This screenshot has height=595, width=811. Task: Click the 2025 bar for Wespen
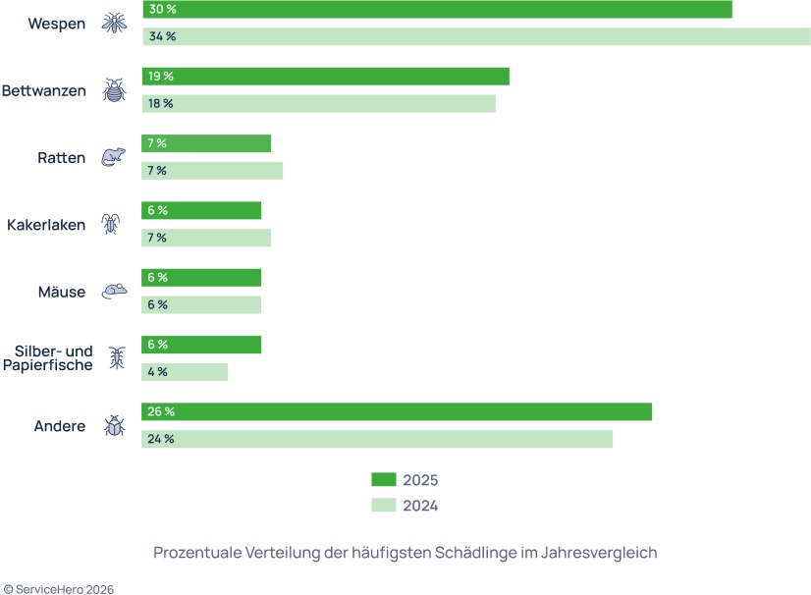coord(437,9)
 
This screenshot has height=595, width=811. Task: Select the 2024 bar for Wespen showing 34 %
coord(476,36)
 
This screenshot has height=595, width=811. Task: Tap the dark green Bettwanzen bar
coord(325,77)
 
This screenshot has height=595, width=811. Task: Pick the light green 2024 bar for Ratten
coord(212,171)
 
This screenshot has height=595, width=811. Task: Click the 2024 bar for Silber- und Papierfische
coord(185,372)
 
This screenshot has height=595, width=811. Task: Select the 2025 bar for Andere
coord(397,411)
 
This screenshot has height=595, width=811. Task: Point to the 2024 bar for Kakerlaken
coord(206,238)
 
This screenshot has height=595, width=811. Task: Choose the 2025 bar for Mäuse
coord(201,278)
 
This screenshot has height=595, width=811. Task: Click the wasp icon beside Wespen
coord(115,23)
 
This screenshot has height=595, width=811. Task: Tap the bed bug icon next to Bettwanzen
coord(115,90)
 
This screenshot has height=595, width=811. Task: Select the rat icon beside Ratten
coord(115,157)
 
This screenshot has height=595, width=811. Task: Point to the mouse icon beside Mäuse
coord(115,292)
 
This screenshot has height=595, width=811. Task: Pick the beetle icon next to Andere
coord(115,426)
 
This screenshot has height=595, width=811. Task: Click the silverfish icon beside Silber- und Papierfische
coord(117,358)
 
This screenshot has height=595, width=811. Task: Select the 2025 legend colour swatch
coord(383,480)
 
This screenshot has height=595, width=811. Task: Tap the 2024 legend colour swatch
coord(383,506)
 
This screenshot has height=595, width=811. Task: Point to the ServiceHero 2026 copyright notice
coord(59,589)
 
